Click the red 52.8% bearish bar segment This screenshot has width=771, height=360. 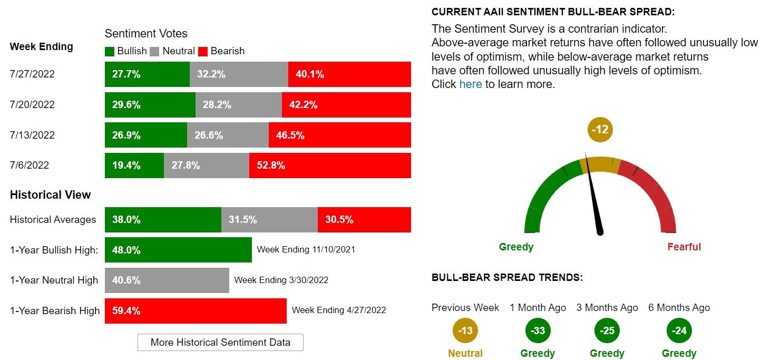click(330, 166)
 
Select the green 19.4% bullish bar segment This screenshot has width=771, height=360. click(134, 166)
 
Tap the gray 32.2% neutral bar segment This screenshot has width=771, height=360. click(239, 74)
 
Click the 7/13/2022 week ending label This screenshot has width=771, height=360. click(32, 135)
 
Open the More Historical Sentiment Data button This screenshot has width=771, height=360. click(220, 342)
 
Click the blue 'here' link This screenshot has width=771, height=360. click(471, 84)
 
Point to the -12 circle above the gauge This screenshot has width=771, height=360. click(600, 130)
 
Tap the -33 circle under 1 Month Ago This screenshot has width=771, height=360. click(538, 331)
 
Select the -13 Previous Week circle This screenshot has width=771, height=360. click(465, 331)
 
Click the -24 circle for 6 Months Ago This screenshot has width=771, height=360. click(679, 331)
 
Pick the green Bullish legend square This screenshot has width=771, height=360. click(110, 51)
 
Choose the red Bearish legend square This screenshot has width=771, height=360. click(203, 51)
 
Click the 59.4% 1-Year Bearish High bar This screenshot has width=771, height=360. click(196, 311)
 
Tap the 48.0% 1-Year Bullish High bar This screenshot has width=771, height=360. click(178, 250)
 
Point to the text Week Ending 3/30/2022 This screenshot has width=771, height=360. click(281, 280)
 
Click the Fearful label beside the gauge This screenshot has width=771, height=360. click(684, 247)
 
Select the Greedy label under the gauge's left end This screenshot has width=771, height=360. click(516, 247)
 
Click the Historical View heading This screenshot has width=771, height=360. click(50, 194)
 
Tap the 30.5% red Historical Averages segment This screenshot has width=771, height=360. click(364, 220)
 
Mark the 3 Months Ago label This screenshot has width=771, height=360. click(607, 308)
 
